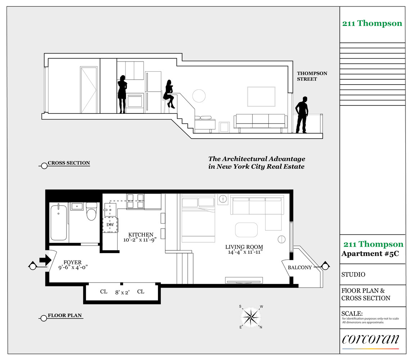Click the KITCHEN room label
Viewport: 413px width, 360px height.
pyautogui.click(x=141, y=235)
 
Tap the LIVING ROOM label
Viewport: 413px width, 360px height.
pyautogui.click(x=244, y=247)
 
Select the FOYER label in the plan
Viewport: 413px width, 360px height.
pyautogui.click(x=72, y=262)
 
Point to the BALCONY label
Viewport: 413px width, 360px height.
pyautogui.click(x=300, y=267)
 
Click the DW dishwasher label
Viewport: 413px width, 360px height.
pyautogui.click(x=110, y=225)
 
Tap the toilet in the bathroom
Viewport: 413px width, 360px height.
pyautogui.click(x=91, y=211)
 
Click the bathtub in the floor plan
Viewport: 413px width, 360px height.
pyautogui.click(x=59, y=222)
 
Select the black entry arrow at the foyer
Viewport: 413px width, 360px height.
pyautogui.click(x=45, y=260)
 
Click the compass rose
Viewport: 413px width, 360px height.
pyautogui.click(x=251, y=316)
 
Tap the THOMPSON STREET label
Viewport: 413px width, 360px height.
pyautogui.click(x=312, y=76)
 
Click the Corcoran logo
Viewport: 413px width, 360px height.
pyautogui.click(x=371, y=339)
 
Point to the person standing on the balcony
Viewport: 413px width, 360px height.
pyautogui.click(x=301, y=114)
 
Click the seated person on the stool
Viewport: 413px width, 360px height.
pyautogui.click(x=169, y=94)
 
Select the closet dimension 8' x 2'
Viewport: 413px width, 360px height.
pyautogui.click(x=122, y=292)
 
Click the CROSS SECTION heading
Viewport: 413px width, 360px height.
pyautogui.click(x=69, y=163)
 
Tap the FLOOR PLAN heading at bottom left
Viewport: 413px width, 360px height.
pyautogui.click(x=65, y=315)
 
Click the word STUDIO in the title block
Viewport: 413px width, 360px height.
pyautogui.click(x=353, y=275)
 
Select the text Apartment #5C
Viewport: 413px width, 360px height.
pyautogui.click(x=370, y=254)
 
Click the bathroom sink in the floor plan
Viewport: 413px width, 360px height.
pyautogui.click(x=77, y=206)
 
